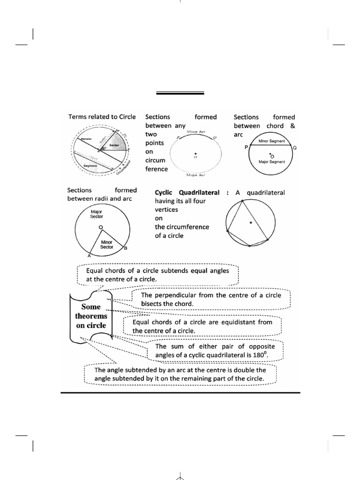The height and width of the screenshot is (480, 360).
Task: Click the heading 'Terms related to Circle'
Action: [x=102, y=117]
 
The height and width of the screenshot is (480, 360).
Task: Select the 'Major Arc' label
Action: [x=194, y=175]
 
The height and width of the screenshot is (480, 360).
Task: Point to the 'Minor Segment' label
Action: [x=272, y=141]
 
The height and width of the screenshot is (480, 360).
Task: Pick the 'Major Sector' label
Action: [x=97, y=214]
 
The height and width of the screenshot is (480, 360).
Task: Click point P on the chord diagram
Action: [x=246, y=147]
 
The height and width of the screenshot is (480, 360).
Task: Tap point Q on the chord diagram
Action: [x=295, y=147]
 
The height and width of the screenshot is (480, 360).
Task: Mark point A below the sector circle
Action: [x=89, y=256]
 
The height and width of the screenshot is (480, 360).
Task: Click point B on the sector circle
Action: [x=126, y=248]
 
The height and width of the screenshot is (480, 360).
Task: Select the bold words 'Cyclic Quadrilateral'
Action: [x=187, y=193]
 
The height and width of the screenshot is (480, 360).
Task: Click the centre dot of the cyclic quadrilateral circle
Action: [x=251, y=222]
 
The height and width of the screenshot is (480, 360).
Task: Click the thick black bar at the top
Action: [x=180, y=93]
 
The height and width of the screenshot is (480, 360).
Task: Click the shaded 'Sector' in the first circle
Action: [x=114, y=145]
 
